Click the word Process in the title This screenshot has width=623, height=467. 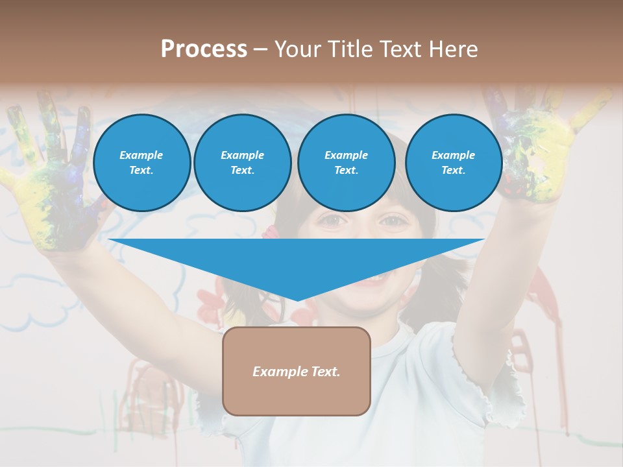click(204, 49)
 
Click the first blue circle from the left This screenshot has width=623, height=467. click(141, 162)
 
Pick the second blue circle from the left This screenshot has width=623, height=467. click(242, 162)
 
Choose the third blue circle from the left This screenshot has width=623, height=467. click(346, 162)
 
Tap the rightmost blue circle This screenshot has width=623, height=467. click(453, 162)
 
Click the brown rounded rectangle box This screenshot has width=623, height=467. click(296, 371)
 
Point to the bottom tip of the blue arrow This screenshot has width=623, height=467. click(297, 300)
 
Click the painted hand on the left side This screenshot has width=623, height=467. click(52, 175)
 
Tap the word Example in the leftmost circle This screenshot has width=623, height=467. click(141, 155)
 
